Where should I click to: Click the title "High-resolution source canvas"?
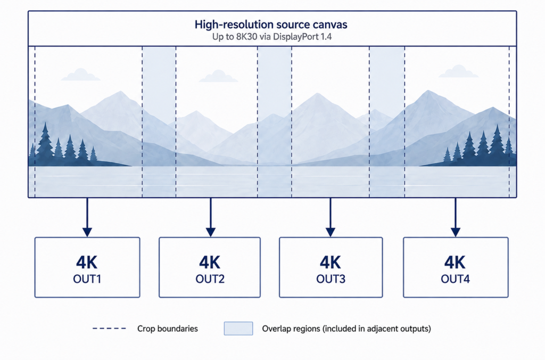271,24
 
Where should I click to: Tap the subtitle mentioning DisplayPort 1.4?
272,37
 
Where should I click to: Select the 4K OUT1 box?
87,267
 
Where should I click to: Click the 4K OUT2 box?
210,267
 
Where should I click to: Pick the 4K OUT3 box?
331,267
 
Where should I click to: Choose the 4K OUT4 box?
456,267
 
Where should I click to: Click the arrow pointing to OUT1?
87,217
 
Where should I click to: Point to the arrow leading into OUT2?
211,217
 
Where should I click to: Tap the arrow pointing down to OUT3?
331,217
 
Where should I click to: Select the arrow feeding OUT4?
456,217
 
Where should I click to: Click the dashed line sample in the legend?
110,329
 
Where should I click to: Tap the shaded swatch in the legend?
238,329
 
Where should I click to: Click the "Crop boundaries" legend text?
168,329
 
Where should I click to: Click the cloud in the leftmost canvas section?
81,75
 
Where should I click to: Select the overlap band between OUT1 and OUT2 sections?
159,122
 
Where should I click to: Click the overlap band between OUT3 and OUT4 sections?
387,122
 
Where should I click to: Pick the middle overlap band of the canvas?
275,122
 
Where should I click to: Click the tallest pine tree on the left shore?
45,143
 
